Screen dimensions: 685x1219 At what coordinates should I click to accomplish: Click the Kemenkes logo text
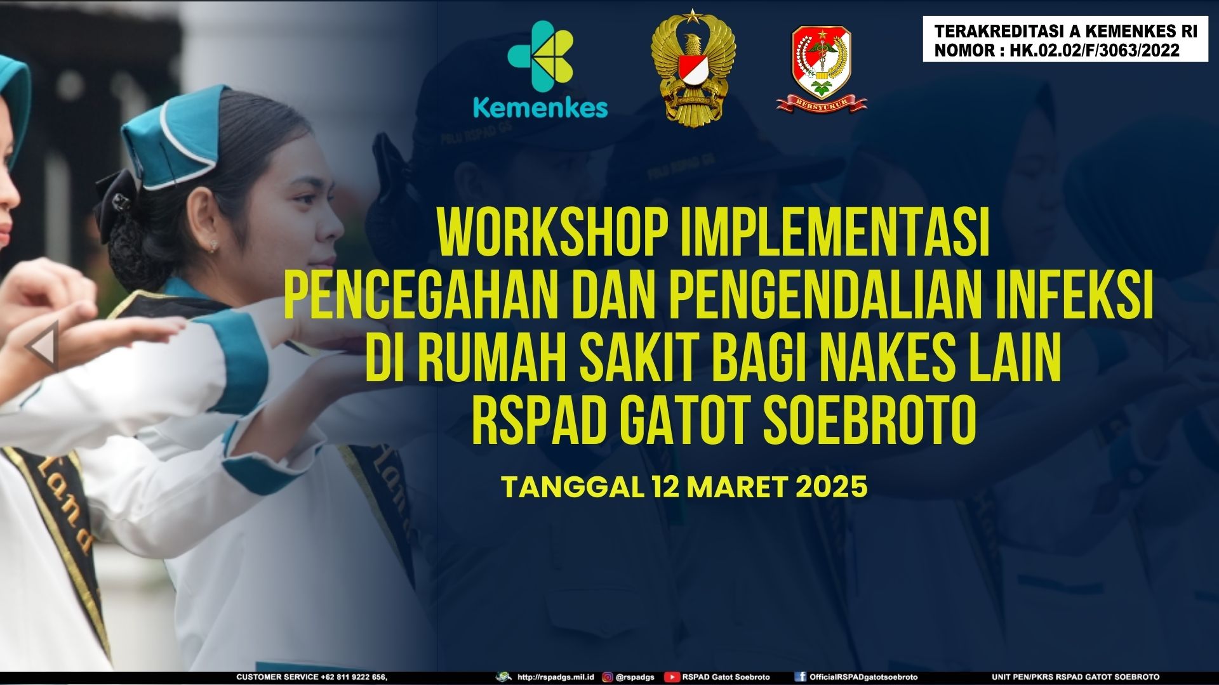540,108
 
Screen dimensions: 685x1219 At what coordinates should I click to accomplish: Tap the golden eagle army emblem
693,70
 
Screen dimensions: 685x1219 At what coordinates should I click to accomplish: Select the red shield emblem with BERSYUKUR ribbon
822,70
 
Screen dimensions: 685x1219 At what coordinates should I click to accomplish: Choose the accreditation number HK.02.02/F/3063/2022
1095,51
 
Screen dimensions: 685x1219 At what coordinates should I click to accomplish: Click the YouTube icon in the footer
672,677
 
